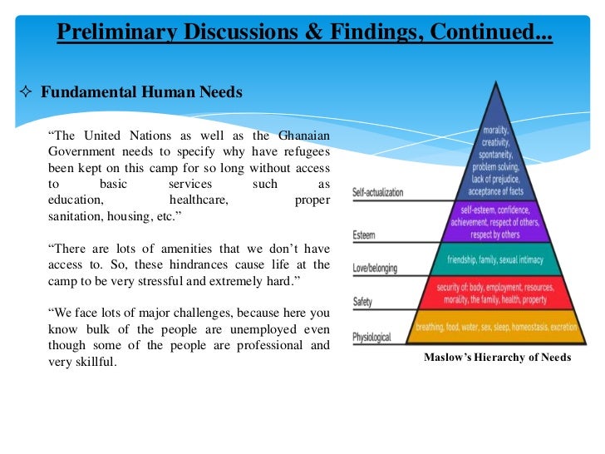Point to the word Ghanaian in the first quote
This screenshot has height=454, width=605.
tap(301, 136)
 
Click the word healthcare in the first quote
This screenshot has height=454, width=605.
tap(199, 200)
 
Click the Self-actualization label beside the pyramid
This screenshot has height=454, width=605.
tap(377, 193)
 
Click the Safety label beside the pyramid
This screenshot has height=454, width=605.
tap(363, 302)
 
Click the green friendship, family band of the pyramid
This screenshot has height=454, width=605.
tap(495, 259)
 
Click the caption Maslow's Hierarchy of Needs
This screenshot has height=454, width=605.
tap(497, 358)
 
